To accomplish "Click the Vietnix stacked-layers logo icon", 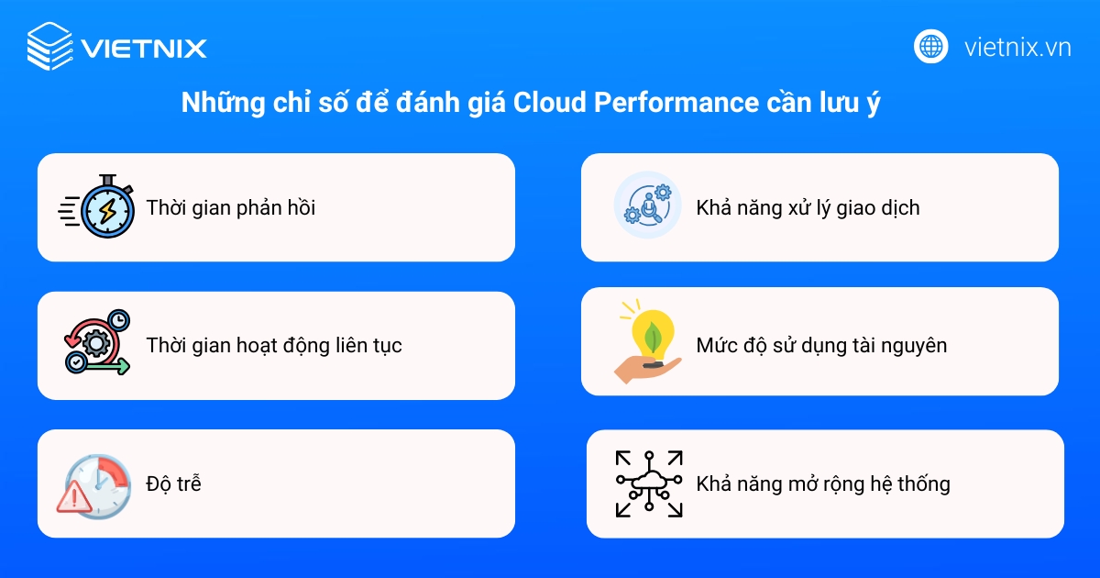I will [49, 46].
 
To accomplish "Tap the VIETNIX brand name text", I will [144, 48].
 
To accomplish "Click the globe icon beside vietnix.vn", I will [931, 46].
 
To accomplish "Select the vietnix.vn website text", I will [1017, 47].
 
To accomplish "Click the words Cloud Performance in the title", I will [636, 103].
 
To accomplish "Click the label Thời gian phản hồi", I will [231, 208].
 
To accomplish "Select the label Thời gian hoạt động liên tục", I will [274, 346].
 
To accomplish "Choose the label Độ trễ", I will [173, 484].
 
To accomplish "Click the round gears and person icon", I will [647, 206].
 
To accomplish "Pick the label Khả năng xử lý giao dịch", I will [808, 208].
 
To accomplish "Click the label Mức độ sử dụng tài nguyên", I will [821, 346].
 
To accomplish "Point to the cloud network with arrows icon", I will [649, 484].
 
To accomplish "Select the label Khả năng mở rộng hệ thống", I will [823, 484].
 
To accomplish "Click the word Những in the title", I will [214, 103].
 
